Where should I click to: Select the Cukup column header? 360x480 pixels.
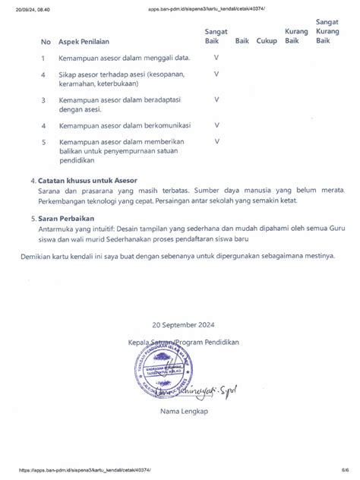click(x=267, y=41)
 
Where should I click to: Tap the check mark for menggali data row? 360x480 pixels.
click(x=216, y=58)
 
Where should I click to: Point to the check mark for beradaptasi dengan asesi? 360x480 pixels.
click(x=216, y=99)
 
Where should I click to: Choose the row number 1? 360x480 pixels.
click(x=44, y=58)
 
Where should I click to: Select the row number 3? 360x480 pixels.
click(x=44, y=99)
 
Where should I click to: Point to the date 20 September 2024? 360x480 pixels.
click(x=183, y=323)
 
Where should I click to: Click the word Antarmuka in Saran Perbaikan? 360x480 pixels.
click(x=61, y=227)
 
